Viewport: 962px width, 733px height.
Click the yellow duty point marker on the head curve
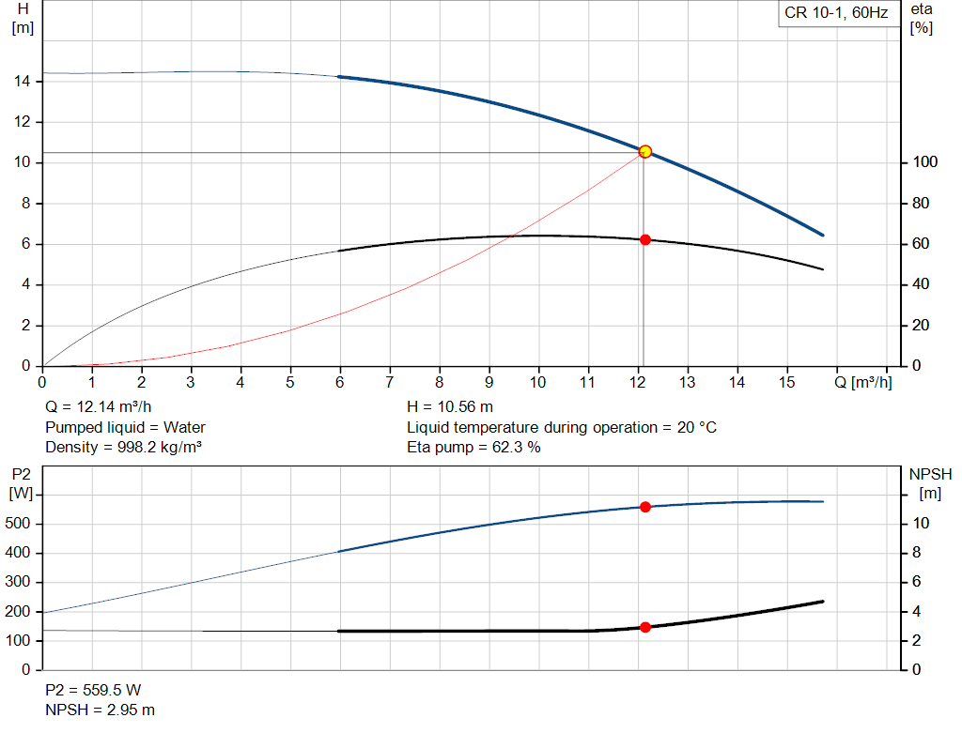pos(644,151)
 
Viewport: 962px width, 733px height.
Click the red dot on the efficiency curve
pos(645,239)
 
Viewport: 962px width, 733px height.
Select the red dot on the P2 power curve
pos(645,507)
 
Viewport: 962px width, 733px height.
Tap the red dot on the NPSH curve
pos(645,627)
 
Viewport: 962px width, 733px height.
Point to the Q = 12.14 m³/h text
pos(98,407)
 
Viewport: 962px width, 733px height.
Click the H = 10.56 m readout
pos(450,407)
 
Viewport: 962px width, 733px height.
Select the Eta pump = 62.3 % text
pos(473,448)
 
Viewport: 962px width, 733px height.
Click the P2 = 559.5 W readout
pos(93,690)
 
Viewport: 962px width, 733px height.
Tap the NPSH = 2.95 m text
pos(100,710)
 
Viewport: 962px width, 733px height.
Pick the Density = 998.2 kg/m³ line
pos(123,448)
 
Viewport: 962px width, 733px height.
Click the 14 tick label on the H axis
pos(23,81)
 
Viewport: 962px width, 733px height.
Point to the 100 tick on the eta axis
pos(925,161)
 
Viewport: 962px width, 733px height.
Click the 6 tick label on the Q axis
pos(340,382)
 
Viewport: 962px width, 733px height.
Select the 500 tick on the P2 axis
pos(17,524)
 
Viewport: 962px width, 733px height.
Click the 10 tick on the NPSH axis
pos(921,524)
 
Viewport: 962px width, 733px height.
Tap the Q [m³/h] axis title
pos(862,382)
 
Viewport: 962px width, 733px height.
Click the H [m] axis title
pos(23,19)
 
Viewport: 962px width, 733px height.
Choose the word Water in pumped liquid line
pos(184,427)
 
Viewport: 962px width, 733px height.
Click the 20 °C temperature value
pos(697,427)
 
